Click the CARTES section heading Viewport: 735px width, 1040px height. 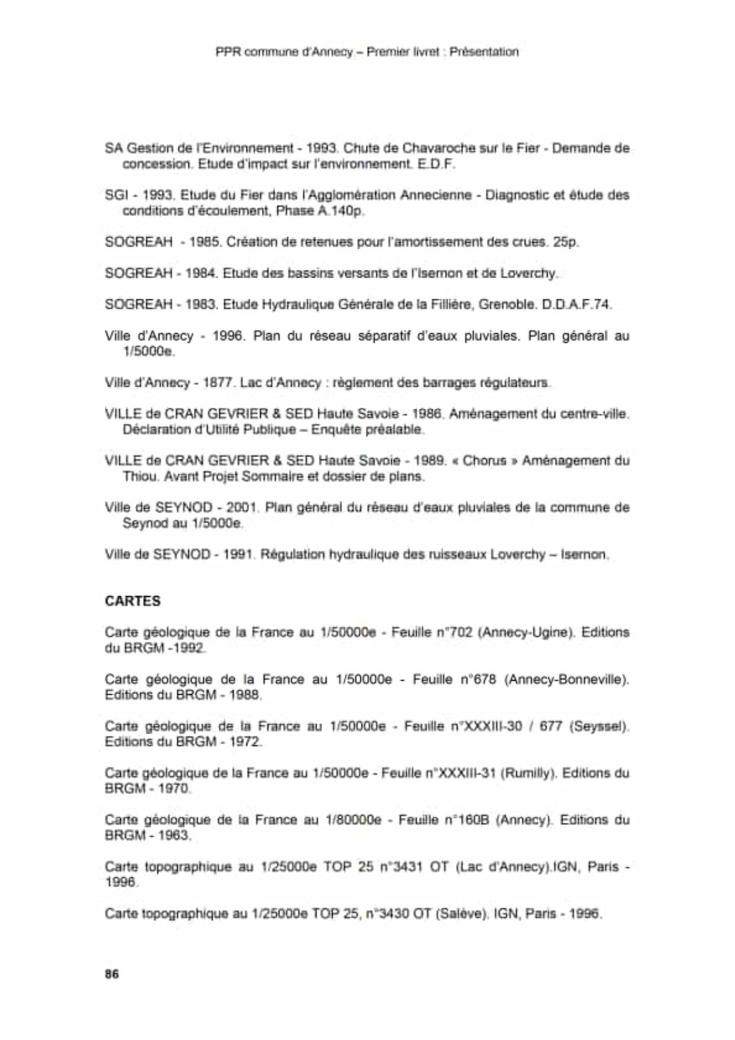132,601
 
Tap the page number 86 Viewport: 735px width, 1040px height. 111,974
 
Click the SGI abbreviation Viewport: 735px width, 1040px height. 114,194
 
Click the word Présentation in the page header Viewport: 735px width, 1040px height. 484,52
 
